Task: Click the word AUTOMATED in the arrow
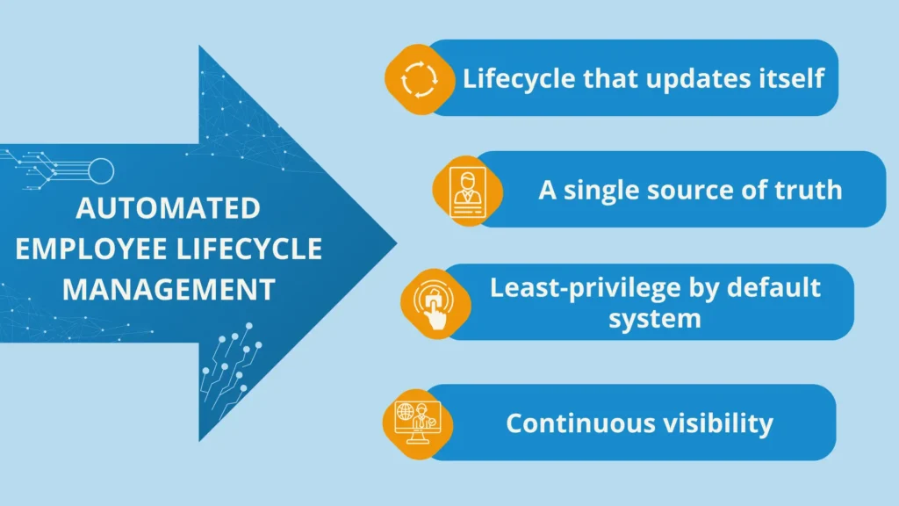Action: tap(168, 209)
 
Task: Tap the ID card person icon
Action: tap(466, 191)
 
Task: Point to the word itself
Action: tap(790, 78)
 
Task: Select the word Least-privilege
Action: tap(574, 287)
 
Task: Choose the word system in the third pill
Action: tap(655, 317)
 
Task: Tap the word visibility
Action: tap(718, 423)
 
